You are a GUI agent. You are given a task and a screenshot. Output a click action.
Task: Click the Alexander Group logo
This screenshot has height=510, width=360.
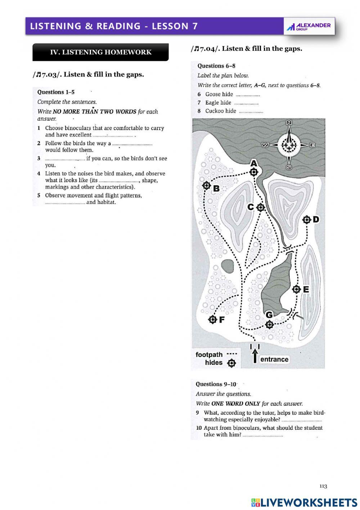[x=309, y=26]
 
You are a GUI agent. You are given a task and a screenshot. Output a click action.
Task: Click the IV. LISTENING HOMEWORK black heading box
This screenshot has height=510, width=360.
[x=100, y=52]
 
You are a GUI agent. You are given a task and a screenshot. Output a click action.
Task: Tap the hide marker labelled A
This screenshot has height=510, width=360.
[x=254, y=172]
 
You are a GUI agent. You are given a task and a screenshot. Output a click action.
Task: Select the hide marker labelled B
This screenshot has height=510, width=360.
[x=207, y=185]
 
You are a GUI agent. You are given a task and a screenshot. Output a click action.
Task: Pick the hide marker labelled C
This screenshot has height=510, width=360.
[x=261, y=207]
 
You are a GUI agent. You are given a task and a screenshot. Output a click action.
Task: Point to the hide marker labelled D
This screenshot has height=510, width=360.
[x=307, y=219]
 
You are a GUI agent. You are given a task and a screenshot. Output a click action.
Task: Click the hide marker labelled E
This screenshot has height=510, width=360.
[x=296, y=289]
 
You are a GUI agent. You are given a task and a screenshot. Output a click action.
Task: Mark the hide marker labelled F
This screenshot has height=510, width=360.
[x=213, y=319]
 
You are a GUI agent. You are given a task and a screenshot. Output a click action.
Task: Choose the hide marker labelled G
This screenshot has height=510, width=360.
[x=269, y=325]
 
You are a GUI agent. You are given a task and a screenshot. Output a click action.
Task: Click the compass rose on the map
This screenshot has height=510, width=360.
[x=289, y=145]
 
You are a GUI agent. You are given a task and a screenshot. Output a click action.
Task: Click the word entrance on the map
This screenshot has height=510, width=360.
[x=274, y=359]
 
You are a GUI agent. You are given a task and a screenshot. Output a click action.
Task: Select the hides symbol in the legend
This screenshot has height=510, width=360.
[x=232, y=363]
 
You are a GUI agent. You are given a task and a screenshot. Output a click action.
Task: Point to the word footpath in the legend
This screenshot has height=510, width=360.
[x=209, y=355]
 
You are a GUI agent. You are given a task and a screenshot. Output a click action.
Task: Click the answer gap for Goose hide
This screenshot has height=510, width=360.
[x=248, y=95]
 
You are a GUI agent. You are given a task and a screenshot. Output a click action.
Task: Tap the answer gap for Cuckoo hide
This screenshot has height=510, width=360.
[x=251, y=111]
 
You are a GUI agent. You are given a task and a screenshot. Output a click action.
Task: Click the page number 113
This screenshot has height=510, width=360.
[x=323, y=486]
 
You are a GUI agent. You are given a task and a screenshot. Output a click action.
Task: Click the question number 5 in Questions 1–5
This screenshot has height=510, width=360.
[x=39, y=196]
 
